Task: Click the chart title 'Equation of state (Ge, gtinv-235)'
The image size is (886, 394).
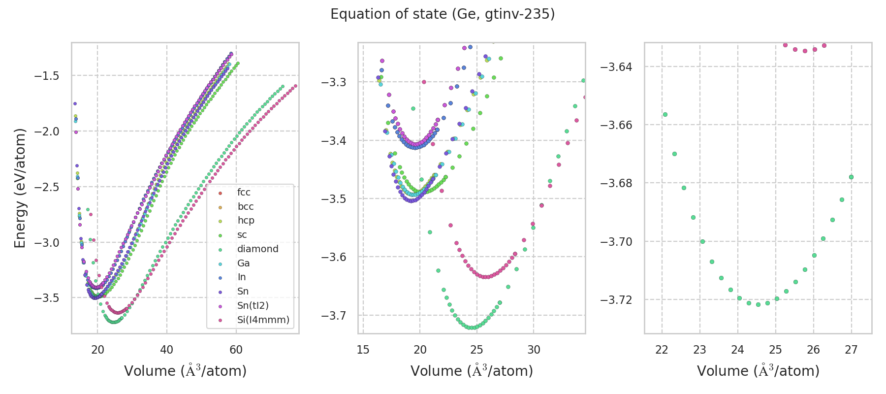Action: (443, 14)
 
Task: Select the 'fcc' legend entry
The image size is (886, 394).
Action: (244, 193)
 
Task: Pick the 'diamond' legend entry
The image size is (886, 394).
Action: (257, 249)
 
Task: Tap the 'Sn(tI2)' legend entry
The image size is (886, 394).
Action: (253, 306)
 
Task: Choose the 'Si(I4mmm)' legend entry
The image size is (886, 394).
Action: (263, 320)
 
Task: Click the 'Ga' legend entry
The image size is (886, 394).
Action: (243, 263)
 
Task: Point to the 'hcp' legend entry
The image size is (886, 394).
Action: (246, 221)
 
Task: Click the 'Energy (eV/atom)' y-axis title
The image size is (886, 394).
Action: (20, 188)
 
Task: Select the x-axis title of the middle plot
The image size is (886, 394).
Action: (472, 371)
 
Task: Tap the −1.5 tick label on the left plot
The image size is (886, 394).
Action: (47, 76)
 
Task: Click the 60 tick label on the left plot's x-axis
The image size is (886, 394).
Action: (236, 350)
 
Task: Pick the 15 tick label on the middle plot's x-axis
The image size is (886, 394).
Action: (363, 350)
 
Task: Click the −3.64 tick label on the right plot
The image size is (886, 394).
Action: (616, 67)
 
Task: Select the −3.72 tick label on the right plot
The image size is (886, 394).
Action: (616, 300)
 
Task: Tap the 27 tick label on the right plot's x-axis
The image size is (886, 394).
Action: (851, 350)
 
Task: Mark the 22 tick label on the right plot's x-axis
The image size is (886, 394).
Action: (662, 350)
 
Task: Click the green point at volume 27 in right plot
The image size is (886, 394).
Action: (851, 177)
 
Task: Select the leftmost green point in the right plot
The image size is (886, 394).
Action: (665, 114)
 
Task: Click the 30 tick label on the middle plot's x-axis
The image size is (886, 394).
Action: (534, 350)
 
